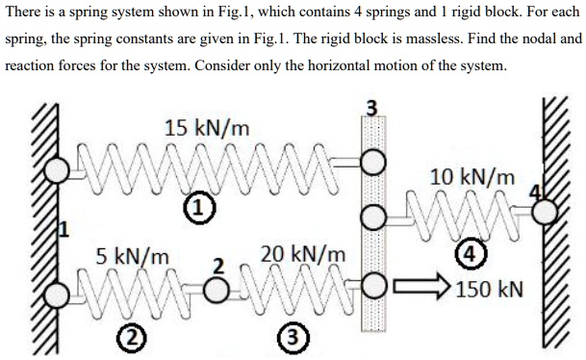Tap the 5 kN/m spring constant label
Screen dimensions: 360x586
pyautogui.click(x=133, y=257)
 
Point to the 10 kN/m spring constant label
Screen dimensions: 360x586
pyautogui.click(x=471, y=177)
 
